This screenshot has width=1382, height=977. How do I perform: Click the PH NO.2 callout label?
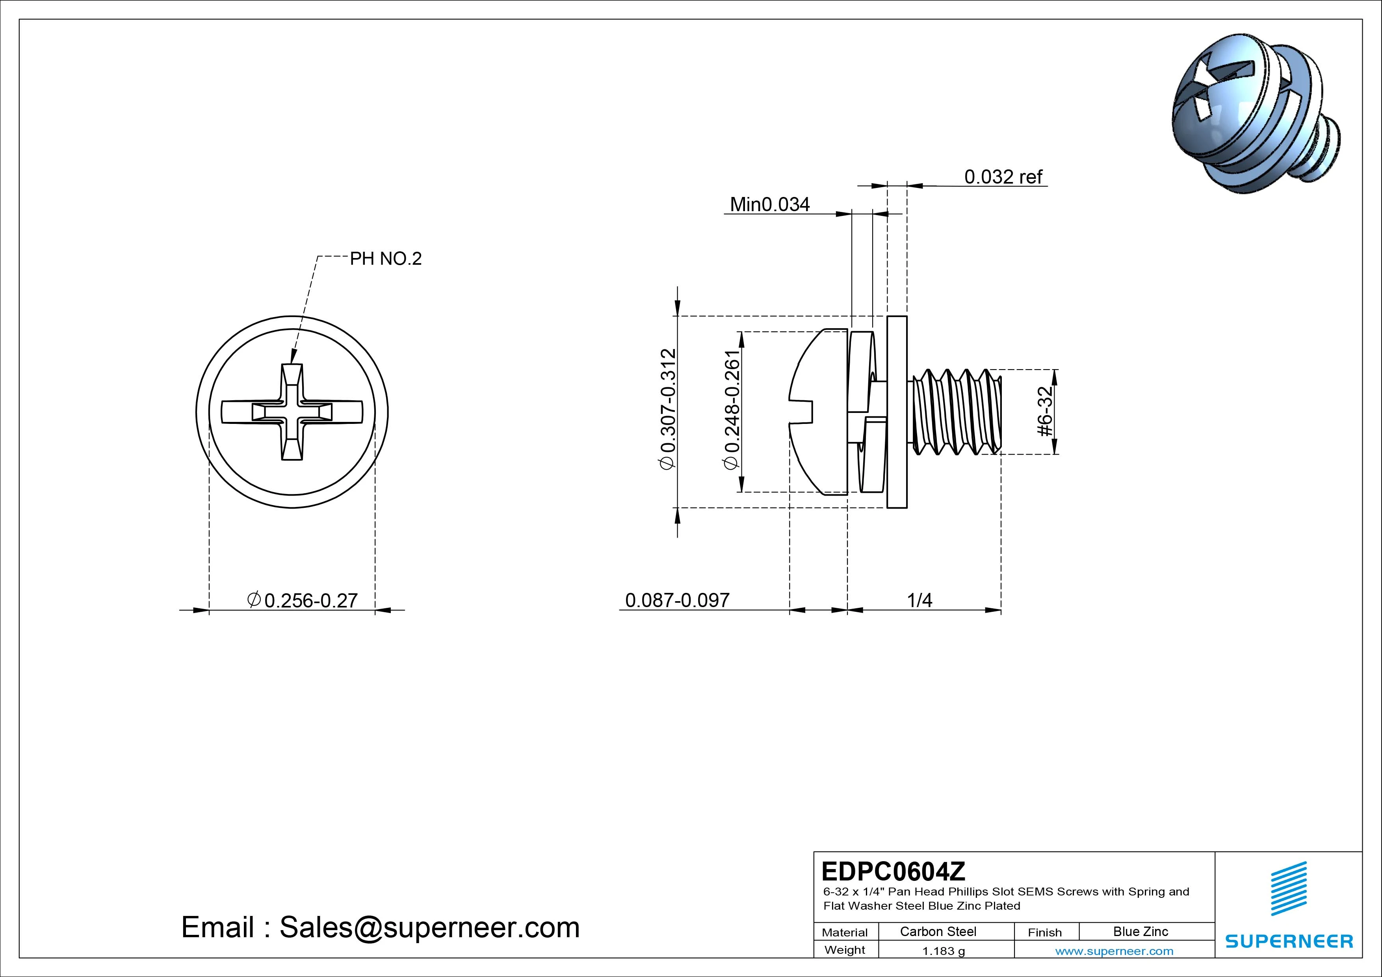pos(386,259)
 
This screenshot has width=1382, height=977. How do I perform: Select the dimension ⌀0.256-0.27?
pos(303,600)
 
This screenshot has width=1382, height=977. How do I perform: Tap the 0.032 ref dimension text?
pos(1003,177)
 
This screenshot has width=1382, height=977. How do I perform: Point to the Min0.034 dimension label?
pos(769,205)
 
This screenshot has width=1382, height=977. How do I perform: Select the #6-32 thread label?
pos(1046,411)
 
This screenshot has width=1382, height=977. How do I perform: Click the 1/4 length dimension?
pos(919,600)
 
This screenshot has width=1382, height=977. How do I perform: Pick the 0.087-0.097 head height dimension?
pos(677,600)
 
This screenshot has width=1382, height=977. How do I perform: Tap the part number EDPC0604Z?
pos(893,871)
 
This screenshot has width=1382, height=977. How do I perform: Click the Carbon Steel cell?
pos(938,932)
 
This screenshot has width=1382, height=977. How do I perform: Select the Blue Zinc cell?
pos(1140,932)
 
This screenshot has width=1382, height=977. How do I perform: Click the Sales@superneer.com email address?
pos(429,928)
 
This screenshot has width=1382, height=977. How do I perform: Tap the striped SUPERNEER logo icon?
pos(1288,888)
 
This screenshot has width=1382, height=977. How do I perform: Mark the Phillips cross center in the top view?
pos(292,412)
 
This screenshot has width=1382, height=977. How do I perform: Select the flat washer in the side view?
pos(897,412)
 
